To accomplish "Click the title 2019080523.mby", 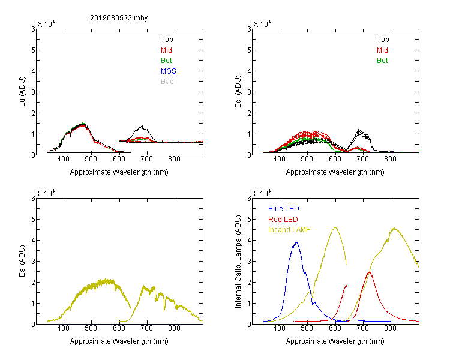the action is [119, 18].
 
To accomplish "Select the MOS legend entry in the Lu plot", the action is [169, 71].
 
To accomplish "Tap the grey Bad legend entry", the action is [167, 81].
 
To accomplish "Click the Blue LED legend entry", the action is [284, 209].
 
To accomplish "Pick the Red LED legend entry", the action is [283, 220].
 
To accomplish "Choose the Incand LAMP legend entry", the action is [289, 230].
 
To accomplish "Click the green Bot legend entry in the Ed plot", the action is [382, 60].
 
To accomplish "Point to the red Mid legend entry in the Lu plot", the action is [166, 50].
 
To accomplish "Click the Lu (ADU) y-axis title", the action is [22, 92].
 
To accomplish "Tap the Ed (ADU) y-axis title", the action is [238, 92].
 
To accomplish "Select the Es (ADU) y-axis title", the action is [22, 261].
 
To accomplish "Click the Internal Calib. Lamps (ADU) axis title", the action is [238, 262].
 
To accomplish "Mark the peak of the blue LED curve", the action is [296, 242].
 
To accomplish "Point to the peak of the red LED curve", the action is [369, 272].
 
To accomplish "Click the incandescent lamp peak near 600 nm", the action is [335, 227].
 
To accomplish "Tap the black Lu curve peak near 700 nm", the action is [142, 126].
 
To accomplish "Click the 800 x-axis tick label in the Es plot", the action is [175, 328].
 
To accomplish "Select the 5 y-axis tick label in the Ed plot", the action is [249, 50].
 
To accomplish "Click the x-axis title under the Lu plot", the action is [119, 172].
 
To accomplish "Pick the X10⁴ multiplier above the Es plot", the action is [46, 193].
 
